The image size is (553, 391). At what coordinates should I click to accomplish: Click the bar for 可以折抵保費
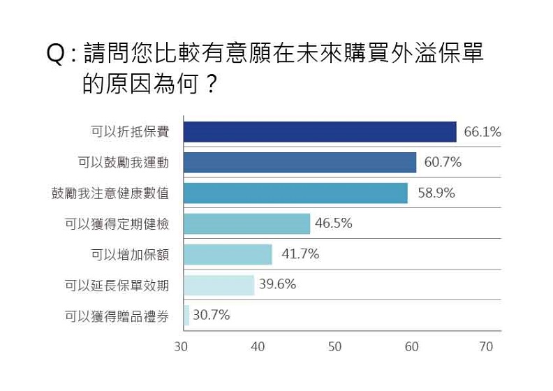point(320,132)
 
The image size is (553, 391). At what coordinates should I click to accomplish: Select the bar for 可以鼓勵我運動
point(300,163)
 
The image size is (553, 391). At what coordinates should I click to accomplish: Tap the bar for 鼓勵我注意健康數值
point(295,193)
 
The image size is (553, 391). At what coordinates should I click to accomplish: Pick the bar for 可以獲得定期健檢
point(246,223)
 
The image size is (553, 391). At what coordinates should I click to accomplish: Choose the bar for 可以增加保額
point(228,254)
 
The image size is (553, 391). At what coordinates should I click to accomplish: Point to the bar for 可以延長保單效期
point(219,285)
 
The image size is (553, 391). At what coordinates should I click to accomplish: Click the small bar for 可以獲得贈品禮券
point(186,315)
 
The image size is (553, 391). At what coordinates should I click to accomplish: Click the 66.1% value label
point(482,132)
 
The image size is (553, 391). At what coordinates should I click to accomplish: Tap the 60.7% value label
point(443,163)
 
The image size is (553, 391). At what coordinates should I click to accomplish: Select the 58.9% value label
point(436,193)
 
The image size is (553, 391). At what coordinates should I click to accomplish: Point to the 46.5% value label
point(333,223)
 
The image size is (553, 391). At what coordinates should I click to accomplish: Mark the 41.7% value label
point(300,254)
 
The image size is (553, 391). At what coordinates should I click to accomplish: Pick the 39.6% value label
point(277,284)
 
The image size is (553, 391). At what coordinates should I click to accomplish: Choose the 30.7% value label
point(211,315)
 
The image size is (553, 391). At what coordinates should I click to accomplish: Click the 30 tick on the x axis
point(182,347)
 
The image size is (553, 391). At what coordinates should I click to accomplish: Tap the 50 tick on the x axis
point(334,347)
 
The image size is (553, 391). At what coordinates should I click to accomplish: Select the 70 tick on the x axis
point(486,347)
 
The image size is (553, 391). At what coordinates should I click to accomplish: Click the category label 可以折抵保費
point(130,132)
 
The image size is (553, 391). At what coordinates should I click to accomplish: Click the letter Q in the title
point(57,55)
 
